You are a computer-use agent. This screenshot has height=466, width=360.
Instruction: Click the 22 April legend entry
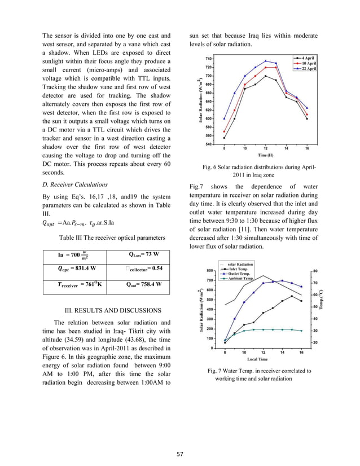coord(305,69)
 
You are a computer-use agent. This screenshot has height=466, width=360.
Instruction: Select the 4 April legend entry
coord(305,58)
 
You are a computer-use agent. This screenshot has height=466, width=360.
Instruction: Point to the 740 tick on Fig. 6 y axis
coord(209,59)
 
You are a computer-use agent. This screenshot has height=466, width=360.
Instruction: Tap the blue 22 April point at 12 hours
coord(266,61)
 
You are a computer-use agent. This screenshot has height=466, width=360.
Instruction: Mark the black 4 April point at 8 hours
coord(224,138)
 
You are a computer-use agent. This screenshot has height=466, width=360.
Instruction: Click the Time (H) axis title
coord(266,155)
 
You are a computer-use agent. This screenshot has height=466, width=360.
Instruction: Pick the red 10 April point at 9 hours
coord(235,111)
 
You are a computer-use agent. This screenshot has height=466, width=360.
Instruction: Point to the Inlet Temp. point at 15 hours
coord(292,296)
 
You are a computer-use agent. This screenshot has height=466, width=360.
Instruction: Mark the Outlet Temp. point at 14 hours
coord(282,281)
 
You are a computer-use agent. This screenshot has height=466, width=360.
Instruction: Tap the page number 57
coord(180,452)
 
